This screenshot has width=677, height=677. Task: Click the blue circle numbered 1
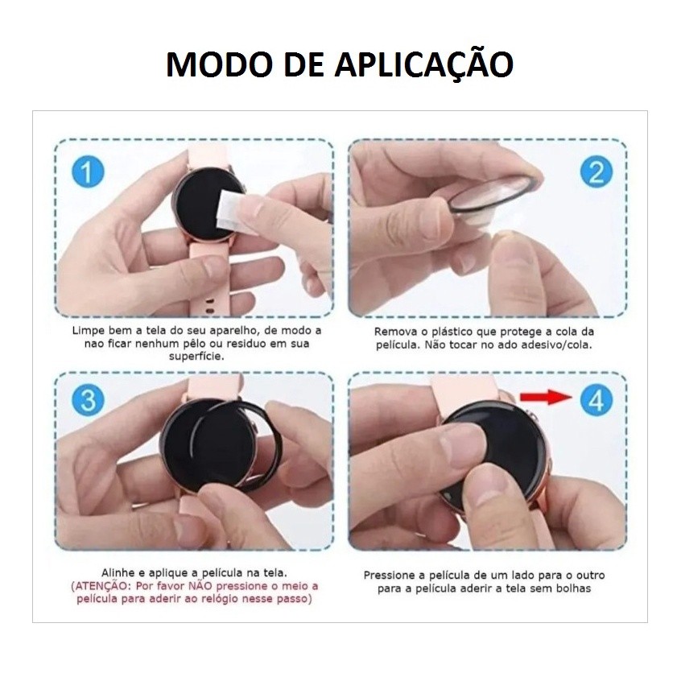pyautogui.click(x=88, y=171)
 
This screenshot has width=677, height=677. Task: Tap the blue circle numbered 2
pyautogui.click(x=597, y=171)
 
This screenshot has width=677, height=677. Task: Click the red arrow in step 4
pyautogui.click(x=546, y=397)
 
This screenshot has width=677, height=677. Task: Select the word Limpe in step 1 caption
pyautogui.click(x=89, y=331)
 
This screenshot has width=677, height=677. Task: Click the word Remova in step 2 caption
pyautogui.click(x=395, y=332)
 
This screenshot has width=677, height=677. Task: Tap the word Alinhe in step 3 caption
pyautogui.click(x=118, y=573)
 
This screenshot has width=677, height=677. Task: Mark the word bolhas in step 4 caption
pyautogui.click(x=573, y=588)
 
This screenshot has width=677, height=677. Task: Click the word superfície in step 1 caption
pyautogui.click(x=196, y=357)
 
